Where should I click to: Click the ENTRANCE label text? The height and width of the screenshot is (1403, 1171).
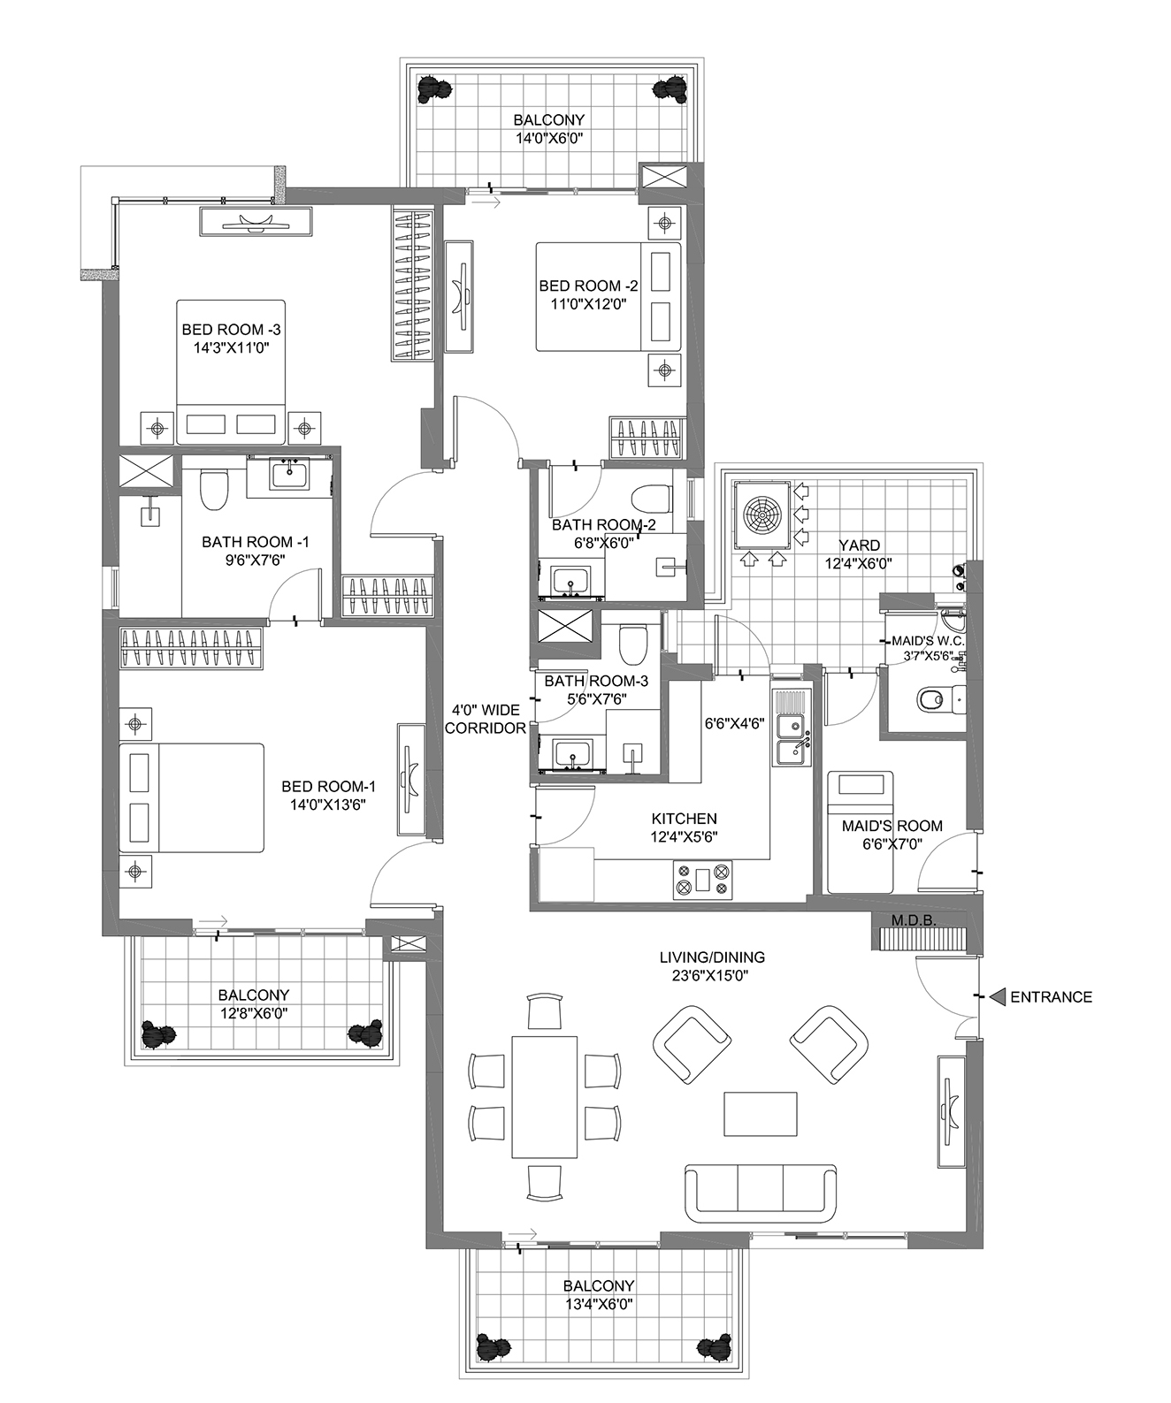1051,997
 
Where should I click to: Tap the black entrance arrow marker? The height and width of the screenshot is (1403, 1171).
997,997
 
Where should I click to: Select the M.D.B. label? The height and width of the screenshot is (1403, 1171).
914,920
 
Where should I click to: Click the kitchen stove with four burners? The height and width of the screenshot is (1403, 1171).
702,880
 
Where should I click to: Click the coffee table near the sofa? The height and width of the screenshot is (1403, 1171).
761,1113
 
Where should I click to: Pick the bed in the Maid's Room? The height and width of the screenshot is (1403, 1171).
860,831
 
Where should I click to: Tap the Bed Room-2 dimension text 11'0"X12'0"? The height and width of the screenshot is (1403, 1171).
588,304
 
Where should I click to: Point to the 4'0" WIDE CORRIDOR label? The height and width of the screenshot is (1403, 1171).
486,719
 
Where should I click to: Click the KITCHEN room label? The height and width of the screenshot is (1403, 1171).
685,819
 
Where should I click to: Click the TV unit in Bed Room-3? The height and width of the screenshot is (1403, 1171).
256,221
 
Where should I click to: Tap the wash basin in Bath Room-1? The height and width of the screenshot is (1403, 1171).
290,475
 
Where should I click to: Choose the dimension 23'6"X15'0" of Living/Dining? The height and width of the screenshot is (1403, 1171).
712,976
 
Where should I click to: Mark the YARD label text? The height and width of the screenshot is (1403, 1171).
859,545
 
